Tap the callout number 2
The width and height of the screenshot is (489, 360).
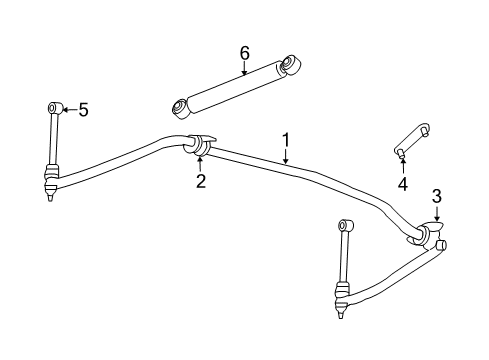point(200,180)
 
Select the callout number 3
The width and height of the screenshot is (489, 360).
point(436,195)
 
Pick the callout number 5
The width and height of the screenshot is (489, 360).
point(83,109)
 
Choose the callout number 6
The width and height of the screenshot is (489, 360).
point(244,51)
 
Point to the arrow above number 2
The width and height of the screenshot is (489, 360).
point(200,161)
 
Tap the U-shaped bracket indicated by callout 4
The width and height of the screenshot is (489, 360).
point(410,137)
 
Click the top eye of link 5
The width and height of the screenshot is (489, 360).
point(52,107)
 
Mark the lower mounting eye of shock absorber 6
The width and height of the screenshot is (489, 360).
point(181,106)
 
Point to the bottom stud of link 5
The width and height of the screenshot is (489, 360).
point(48,196)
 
